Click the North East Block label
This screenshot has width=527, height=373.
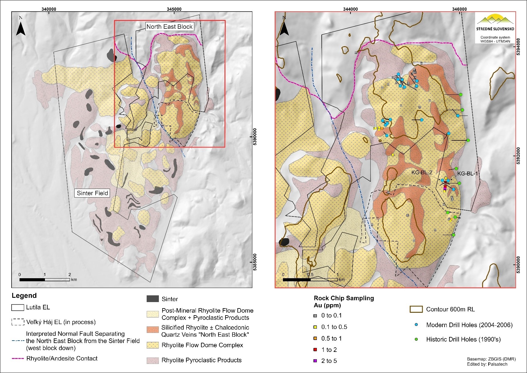pos(169,27)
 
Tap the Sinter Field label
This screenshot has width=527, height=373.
pos(92,193)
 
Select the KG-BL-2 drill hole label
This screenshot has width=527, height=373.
pos(422,172)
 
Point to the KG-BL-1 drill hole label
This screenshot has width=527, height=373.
pos(467,174)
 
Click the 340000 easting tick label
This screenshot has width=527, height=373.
pos(49,9)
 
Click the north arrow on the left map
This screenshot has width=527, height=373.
pos(21,28)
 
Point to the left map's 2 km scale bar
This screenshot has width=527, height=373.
pos(45,279)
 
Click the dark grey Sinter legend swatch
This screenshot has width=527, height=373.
pos(153,299)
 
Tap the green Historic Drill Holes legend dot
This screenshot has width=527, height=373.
pos(416,339)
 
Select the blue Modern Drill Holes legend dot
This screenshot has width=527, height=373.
pos(416,325)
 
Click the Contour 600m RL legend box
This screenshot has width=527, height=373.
pos(416,309)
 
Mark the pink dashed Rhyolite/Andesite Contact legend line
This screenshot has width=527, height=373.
pos(18,358)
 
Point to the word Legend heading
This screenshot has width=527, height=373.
pos(24,296)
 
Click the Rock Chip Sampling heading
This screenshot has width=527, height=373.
pos(344,298)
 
